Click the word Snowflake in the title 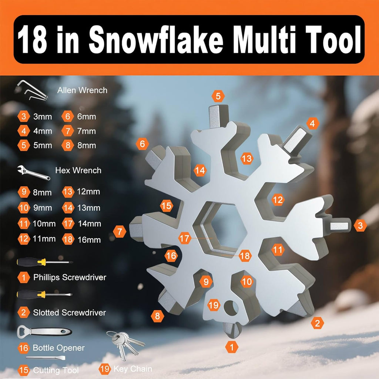coord(156,40)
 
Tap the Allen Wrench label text coord(82,90)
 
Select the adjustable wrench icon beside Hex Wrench coord(33,172)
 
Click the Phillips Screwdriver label coord(70,277)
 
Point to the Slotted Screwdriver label coord(70,313)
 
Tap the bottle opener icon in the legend coord(44,332)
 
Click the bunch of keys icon coord(124,342)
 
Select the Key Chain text coord(133,369)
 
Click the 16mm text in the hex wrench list coord(89,240)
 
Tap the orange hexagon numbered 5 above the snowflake coord(218,96)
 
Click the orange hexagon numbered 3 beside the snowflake coord(360,225)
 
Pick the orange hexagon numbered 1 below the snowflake coord(232,347)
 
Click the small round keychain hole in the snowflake coord(231,308)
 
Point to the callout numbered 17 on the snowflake coord(184,238)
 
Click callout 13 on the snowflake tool coord(246,159)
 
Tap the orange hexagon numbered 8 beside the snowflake coord(157,316)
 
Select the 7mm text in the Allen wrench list coord(86,131)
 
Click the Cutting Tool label coord(56,370)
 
